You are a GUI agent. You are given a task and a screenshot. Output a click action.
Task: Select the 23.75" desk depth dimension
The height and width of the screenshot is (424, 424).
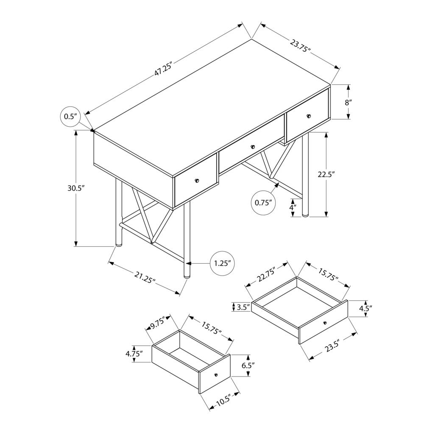pos(301,45)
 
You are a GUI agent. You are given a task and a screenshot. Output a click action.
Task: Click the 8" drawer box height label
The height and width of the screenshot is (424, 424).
pos(348,102)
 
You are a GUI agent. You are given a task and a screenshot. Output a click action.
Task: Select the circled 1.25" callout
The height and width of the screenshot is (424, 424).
pos(222,263)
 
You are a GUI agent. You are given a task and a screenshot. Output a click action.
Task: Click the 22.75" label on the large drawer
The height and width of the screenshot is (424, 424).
pos(266,276)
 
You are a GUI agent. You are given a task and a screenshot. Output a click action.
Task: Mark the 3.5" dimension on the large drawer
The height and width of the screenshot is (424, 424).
pos(242,307)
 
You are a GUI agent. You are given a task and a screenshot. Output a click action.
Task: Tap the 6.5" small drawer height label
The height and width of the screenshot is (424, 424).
pos(248,365)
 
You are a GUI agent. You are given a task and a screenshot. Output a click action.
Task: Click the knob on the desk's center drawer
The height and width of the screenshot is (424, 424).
pos(252,147)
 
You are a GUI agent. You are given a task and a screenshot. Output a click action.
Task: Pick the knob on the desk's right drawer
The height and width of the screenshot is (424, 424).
pos(309,116)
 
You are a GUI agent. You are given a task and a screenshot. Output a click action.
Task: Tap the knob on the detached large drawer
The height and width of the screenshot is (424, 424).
pos(325,323)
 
